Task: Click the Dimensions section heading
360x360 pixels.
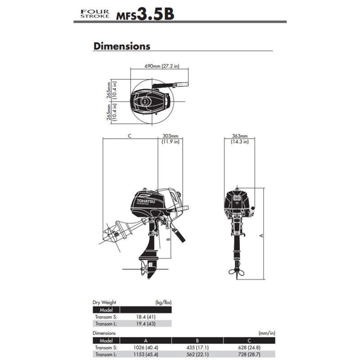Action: tap(121, 46)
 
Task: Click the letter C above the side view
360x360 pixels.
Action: tap(130, 135)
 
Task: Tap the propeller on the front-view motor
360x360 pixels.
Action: tap(236, 271)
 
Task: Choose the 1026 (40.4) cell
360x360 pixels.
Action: tap(146, 347)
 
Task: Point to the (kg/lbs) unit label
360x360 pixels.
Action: tap(163, 302)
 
